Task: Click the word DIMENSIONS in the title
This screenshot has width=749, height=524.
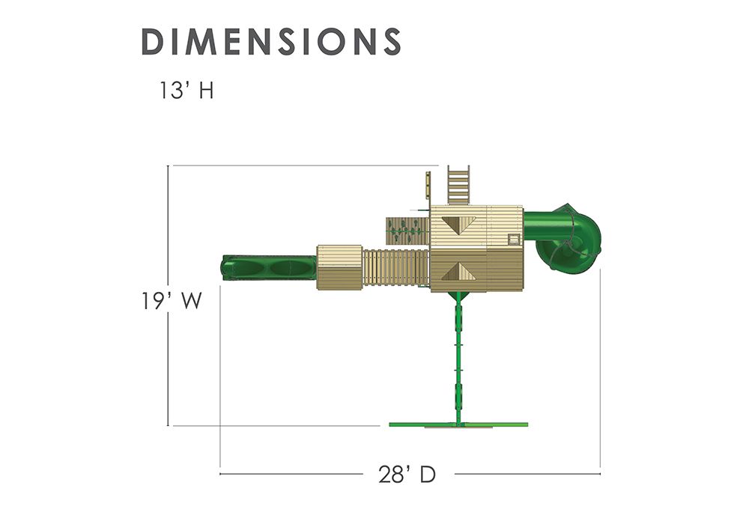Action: point(271,41)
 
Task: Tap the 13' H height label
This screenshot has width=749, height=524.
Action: point(187,90)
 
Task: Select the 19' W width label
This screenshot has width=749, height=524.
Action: point(171,301)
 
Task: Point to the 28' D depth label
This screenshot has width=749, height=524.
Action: point(407,475)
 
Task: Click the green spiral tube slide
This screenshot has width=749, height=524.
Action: point(564,237)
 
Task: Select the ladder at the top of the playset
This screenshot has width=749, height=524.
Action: point(458,185)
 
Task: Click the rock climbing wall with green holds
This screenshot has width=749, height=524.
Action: point(407,231)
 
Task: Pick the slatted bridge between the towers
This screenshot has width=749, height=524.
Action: point(396,268)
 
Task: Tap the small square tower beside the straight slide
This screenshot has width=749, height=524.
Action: point(339,267)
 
